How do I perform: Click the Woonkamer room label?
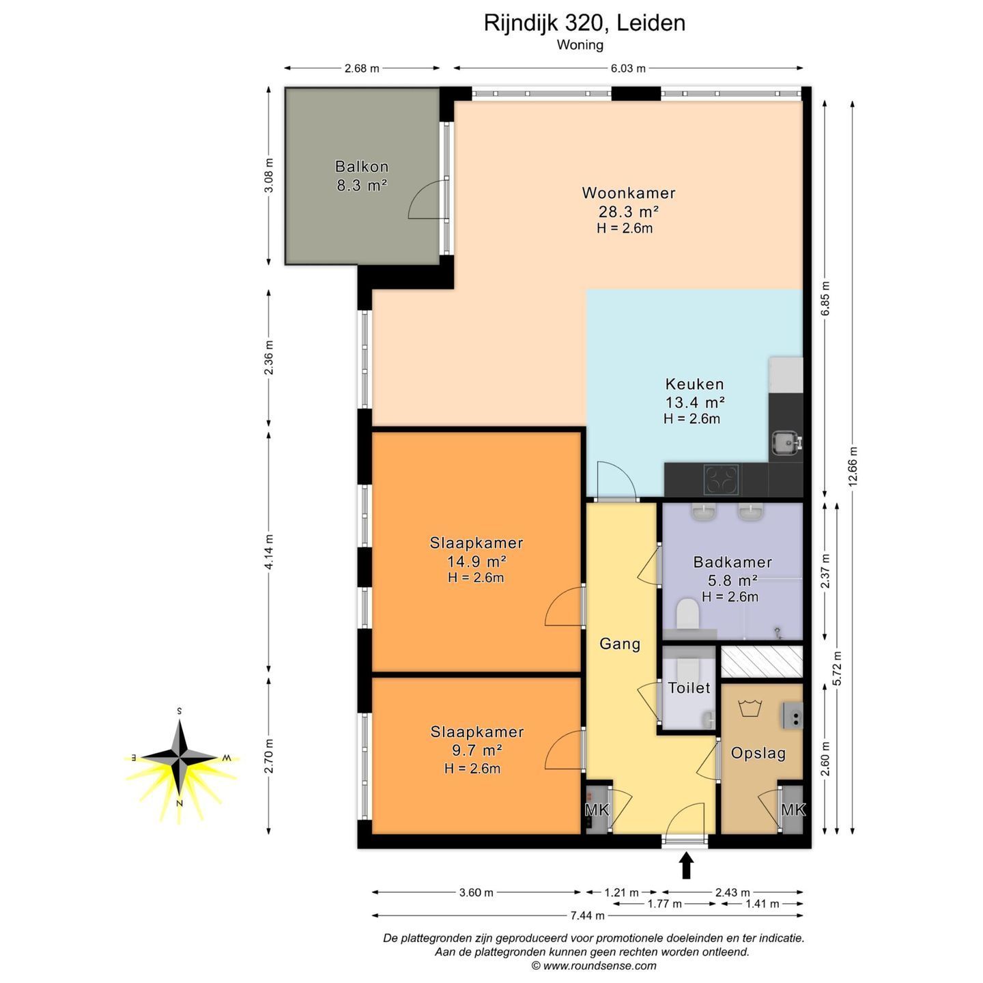629,193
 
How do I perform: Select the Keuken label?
694,384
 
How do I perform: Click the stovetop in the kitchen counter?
721,479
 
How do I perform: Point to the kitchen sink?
786,442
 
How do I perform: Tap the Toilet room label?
689,687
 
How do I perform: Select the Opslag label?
758,753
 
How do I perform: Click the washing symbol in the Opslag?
750,708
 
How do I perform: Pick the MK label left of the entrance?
597,810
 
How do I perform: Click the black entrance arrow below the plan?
686,866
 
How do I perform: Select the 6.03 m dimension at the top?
628,68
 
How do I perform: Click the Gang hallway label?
619,644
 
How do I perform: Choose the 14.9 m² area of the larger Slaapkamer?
476,562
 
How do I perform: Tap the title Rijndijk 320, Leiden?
584,23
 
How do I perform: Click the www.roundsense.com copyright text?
594,966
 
